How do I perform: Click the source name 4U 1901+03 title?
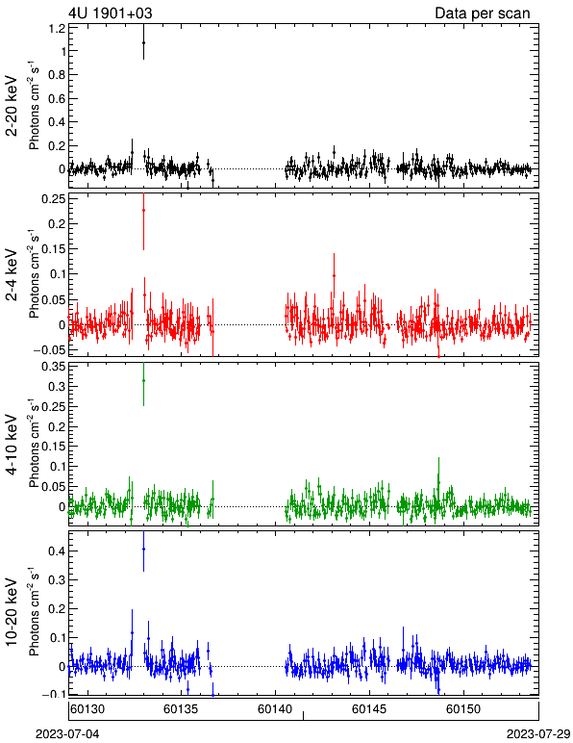click(x=111, y=13)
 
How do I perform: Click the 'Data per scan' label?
click(x=483, y=13)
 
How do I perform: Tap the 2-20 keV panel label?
click(x=12, y=106)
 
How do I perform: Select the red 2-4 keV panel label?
click(x=12, y=275)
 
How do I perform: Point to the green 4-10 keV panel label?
click(x=12, y=445)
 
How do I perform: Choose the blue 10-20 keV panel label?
click(x=12, y=612)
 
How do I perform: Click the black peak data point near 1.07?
click(x=143, y=42)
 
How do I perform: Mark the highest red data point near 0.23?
click(x=143, y=210)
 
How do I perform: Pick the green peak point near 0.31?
click(x=143, y=380)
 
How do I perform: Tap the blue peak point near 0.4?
click(x=143, y=550)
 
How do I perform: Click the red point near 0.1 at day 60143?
click(x=334, y=275)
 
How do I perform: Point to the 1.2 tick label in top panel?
click(x=57, y=29)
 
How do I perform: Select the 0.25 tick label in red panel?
click(x=54, y=199)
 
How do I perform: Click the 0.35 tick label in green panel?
click(x=54, y=367)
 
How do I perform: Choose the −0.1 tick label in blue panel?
click(x=54, y=694)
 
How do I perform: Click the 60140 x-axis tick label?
click(x=275, y=709)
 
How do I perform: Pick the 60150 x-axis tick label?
click(x=463, y=709)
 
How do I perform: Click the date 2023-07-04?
click(x=67, y=734)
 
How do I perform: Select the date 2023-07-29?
click(x=538, y=734)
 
